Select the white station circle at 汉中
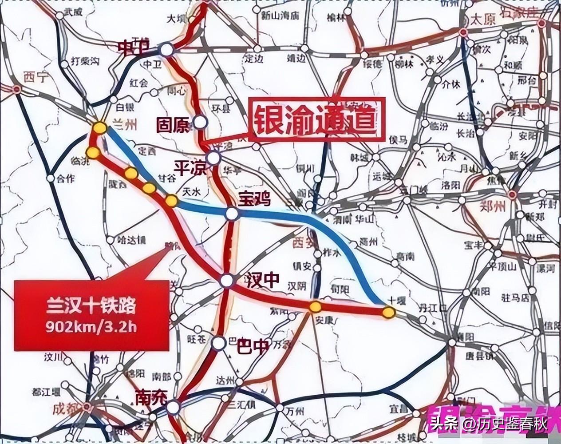pos(227,281)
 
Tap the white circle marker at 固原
pos(201,122)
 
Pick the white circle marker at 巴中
pos(218,343)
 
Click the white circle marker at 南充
pos(173,407)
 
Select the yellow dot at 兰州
pos(99,128)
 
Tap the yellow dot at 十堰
pos(388,313)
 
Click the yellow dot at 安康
pos(315,306)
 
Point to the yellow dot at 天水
pos(171,202)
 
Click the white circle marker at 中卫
pos(166,49)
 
